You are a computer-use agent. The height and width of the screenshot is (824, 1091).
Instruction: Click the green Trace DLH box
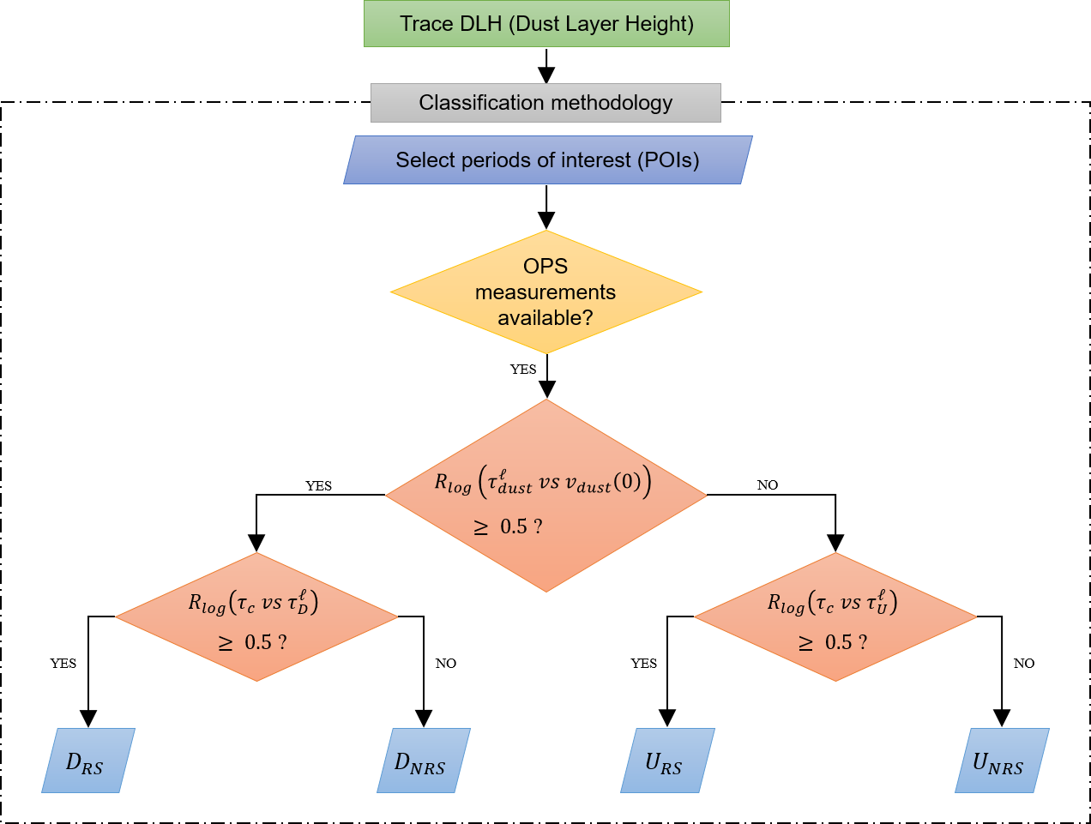point(546,23)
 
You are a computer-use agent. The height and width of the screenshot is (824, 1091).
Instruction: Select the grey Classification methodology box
point(545,103)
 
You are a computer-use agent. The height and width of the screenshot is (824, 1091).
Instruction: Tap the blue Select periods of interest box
point(547,160)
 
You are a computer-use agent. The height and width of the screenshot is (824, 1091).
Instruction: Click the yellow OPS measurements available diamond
point(545,292)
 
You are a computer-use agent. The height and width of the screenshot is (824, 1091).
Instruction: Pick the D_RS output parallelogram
point(87,761)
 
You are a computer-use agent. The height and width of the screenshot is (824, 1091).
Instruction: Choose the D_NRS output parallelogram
point(423,761)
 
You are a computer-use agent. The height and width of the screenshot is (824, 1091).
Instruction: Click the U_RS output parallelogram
point(666,761)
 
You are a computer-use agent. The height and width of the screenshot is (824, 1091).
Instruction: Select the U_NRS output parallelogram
point(1001,761)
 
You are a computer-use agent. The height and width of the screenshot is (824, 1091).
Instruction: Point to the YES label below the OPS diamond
point(523,370)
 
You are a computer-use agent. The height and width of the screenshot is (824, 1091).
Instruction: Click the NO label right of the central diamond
point(768,485)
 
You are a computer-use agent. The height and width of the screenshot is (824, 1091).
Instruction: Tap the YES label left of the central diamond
point(318,486)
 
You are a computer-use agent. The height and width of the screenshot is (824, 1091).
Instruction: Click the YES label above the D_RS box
point(63,664)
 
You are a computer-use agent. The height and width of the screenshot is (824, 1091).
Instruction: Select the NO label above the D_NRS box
point(446,664)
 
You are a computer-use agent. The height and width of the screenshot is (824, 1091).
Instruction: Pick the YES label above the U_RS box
point(643,664)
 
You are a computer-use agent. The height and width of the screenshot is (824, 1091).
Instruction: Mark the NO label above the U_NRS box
point(1024,664)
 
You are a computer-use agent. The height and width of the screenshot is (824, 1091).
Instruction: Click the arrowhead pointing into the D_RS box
point(87,719)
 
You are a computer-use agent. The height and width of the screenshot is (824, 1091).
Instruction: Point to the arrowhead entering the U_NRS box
point(1001,719)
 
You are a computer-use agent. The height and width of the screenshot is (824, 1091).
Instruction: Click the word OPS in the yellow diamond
point(545,267)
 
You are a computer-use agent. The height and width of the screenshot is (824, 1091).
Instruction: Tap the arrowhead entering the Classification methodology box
point(546,75)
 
